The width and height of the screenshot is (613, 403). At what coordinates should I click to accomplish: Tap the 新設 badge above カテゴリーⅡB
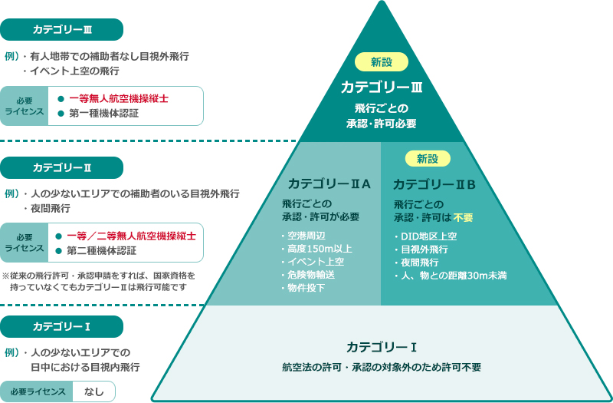(x=428, y=159)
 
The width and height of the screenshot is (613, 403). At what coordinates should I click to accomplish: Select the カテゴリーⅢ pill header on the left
(x=62, y=30)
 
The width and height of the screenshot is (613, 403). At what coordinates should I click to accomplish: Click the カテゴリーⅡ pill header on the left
(x=62, y=167)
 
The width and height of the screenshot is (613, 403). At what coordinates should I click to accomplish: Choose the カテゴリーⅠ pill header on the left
(x=62, y=326)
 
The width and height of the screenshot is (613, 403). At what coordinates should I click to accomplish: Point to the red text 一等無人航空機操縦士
(x=119, y=98)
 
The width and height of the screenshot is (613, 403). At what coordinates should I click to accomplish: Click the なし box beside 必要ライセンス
(x=94, y=391)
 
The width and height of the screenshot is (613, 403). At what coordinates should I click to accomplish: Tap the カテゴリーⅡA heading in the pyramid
(x=329, y=183)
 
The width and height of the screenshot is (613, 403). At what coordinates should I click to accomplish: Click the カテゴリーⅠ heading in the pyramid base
(x=380, y=346)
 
